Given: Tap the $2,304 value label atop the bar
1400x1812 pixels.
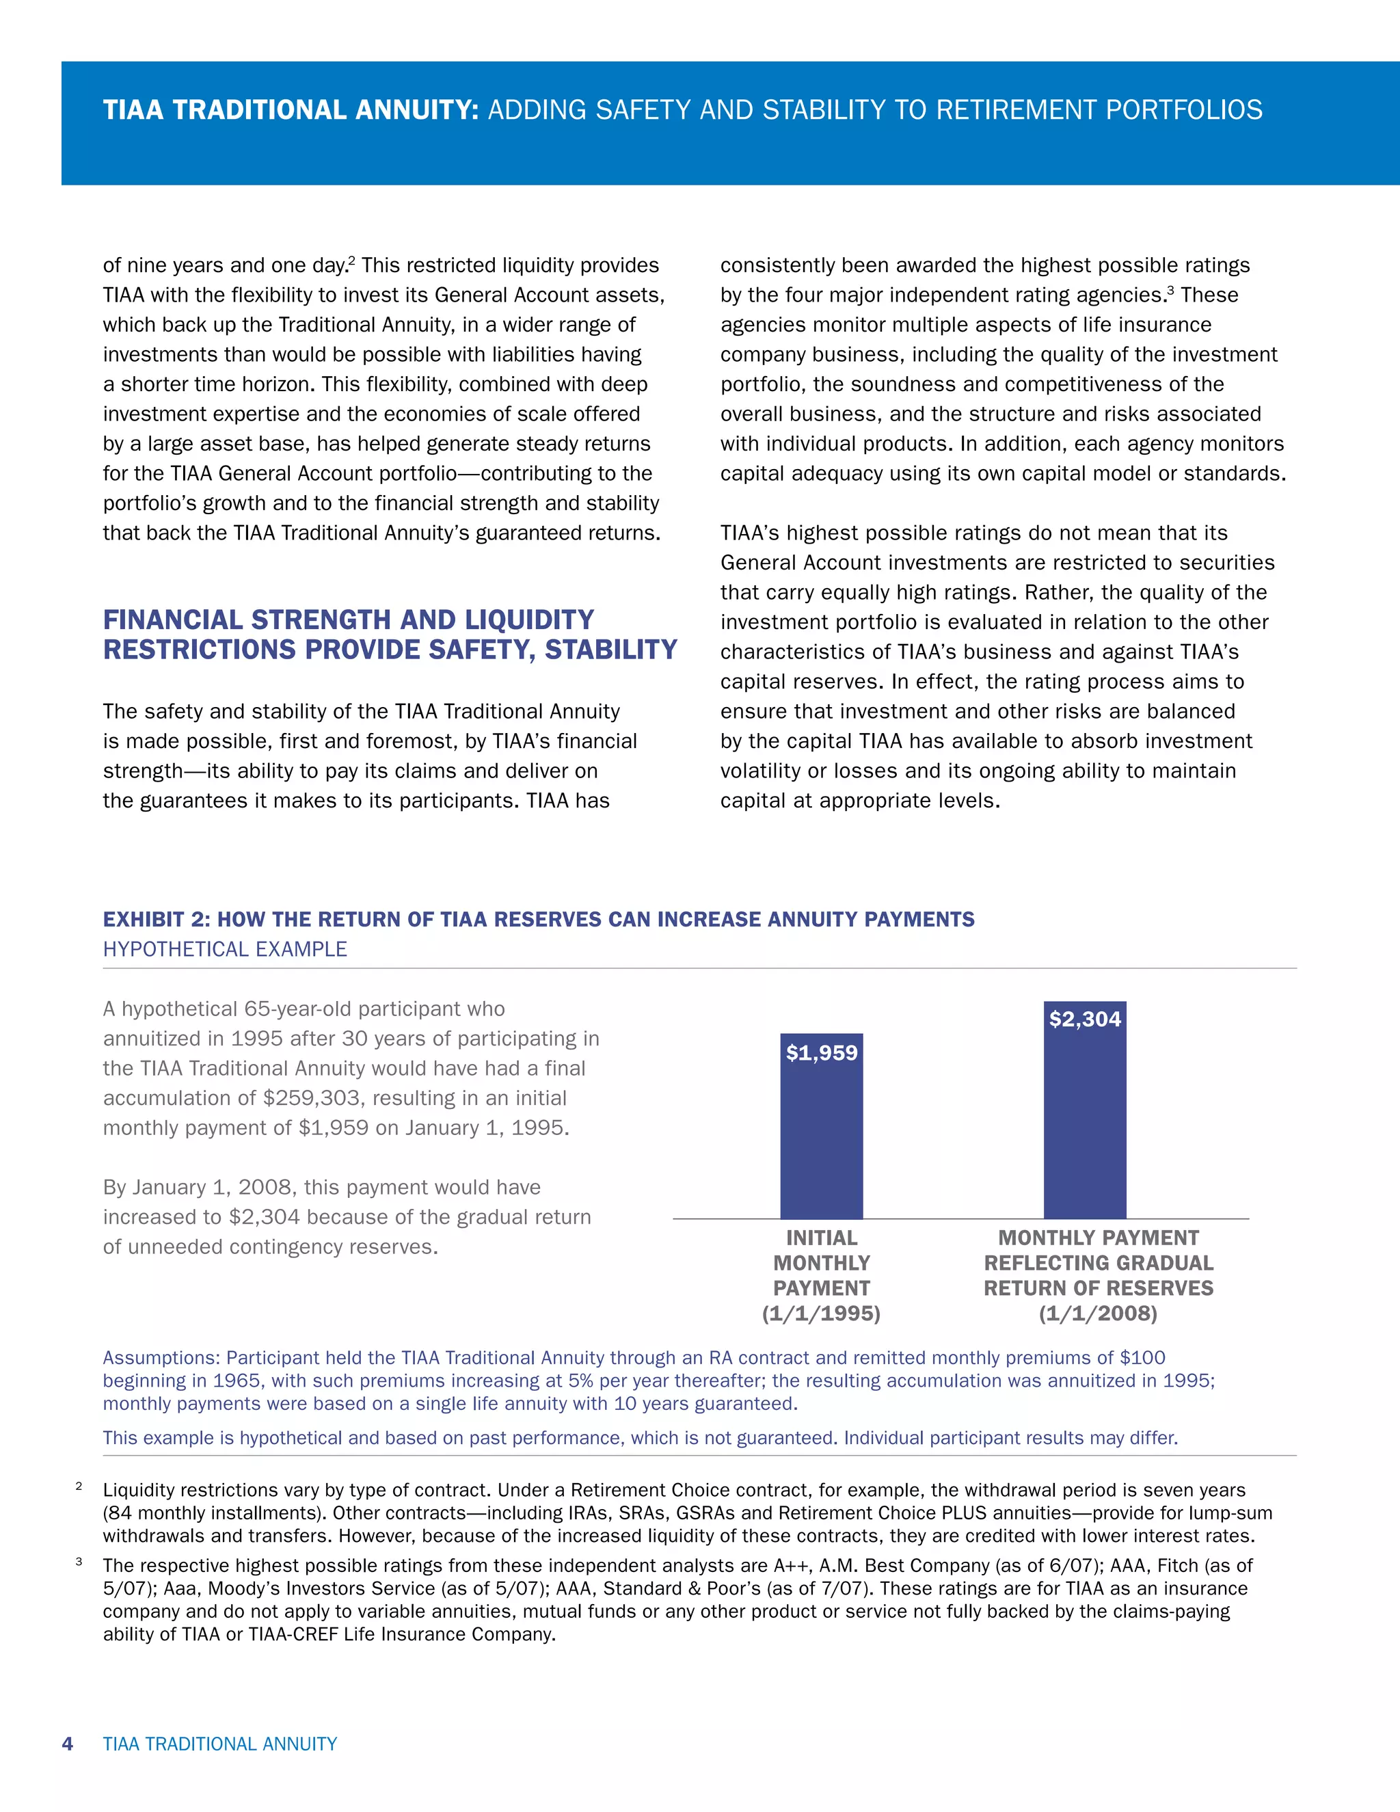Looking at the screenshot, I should point(1084,1019).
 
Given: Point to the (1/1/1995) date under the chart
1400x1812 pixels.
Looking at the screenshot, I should point(821,1314).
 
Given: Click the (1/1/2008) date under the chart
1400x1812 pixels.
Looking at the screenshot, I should point(1098,1314).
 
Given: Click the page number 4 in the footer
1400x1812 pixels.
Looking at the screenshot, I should point(68,1743).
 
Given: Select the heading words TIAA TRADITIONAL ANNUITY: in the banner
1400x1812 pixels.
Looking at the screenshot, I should point(291,109).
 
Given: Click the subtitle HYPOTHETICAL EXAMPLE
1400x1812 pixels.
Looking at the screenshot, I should point(225,949).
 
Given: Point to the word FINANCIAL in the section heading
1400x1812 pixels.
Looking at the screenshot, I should point(174,619).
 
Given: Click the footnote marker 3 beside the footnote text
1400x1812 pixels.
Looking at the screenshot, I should point(79,1562).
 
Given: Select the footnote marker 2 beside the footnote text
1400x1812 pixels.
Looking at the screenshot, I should point(79,1486).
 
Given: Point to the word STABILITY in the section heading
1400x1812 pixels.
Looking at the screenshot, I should point(610,650).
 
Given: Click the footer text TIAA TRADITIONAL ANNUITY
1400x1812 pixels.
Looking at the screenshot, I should point(220,1743).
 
